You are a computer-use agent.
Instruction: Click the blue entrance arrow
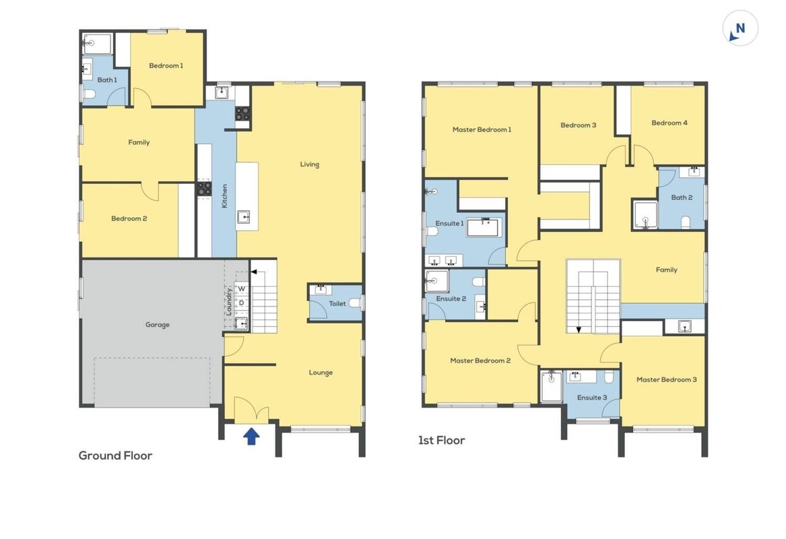251,436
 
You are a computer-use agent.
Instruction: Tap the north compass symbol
740,28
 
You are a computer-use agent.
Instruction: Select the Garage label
158,325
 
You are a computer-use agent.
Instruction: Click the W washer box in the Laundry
242,289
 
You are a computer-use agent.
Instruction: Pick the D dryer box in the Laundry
242,303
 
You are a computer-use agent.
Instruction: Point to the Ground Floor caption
115,455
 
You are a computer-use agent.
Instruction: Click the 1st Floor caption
442,440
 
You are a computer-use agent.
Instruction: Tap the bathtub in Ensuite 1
483,227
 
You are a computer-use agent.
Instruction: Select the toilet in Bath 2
685,222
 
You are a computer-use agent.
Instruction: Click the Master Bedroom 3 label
666,379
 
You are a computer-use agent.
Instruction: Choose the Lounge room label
321,373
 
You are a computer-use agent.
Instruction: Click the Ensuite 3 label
592,398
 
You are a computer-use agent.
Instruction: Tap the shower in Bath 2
645,215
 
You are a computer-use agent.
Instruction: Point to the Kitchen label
224,196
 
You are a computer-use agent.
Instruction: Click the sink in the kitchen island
244,217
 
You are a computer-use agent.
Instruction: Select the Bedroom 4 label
669,123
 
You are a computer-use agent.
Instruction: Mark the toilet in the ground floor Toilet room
355,303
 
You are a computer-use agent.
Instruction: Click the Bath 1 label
107,80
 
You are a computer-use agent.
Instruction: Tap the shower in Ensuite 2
436,281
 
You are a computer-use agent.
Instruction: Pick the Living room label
309,164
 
